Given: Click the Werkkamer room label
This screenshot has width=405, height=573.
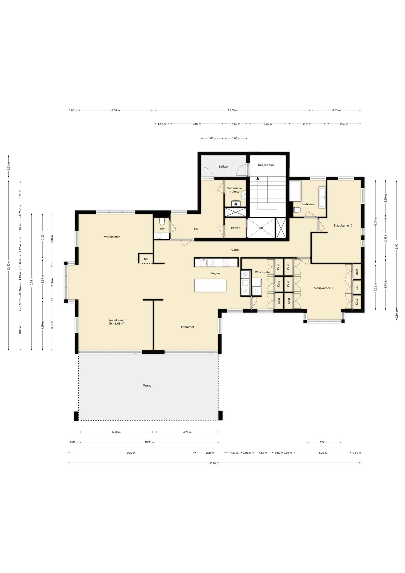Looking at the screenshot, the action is pos(112,237).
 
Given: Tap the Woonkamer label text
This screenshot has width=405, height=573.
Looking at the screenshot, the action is pos(117,320).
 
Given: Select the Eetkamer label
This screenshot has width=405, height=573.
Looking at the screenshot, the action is pos(188,327).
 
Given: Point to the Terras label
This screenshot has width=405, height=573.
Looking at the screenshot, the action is pos(147,386).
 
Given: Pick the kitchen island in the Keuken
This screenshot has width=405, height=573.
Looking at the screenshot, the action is pos(210,285).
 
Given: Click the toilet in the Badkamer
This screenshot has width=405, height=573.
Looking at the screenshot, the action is pos(297,210).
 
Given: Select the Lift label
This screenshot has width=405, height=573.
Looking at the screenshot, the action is pos(261,228).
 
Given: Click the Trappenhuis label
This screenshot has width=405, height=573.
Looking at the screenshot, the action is pos(266,165).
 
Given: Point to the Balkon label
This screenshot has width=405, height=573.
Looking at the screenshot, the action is pos(223,167).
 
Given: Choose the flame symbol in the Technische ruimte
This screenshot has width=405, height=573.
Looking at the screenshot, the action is pos(236,204).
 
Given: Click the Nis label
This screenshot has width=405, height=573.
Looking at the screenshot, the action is pos(146,259).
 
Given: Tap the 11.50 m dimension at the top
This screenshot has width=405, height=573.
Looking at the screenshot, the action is pos(233,110).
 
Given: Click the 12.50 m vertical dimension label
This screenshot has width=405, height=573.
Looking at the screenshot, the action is pos(9,265).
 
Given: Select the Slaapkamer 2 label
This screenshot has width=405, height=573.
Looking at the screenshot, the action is pos(343,226).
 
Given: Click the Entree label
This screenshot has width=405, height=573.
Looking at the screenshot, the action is pos(236,228).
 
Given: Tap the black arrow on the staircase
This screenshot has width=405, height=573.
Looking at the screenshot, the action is pos(258,178).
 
